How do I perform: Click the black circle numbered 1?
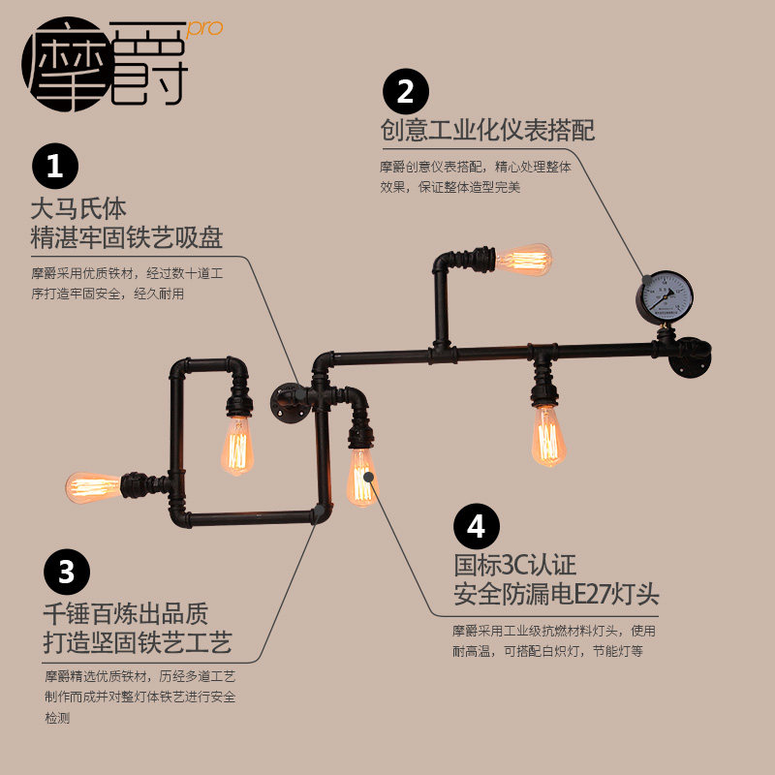point(55,169)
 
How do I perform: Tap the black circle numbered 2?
point(406,93)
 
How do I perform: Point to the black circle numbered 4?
point(477,528)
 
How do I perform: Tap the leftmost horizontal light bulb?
point(94,485)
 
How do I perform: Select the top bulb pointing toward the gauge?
point(523,260)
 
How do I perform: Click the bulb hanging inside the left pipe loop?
point(237,445)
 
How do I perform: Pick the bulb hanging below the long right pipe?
point(548,435)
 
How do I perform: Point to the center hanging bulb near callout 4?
point(361,476)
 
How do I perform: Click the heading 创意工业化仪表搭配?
point(486,131)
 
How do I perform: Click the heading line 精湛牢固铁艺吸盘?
point(127,235)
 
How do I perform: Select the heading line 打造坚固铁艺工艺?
point(138,641)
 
